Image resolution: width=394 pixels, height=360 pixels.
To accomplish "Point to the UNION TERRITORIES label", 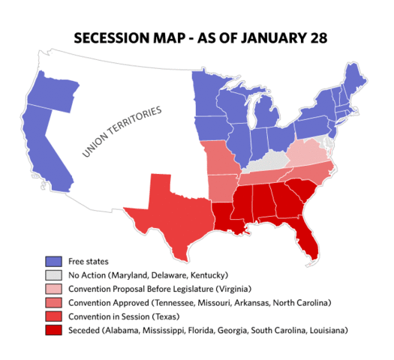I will (122, 133).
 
